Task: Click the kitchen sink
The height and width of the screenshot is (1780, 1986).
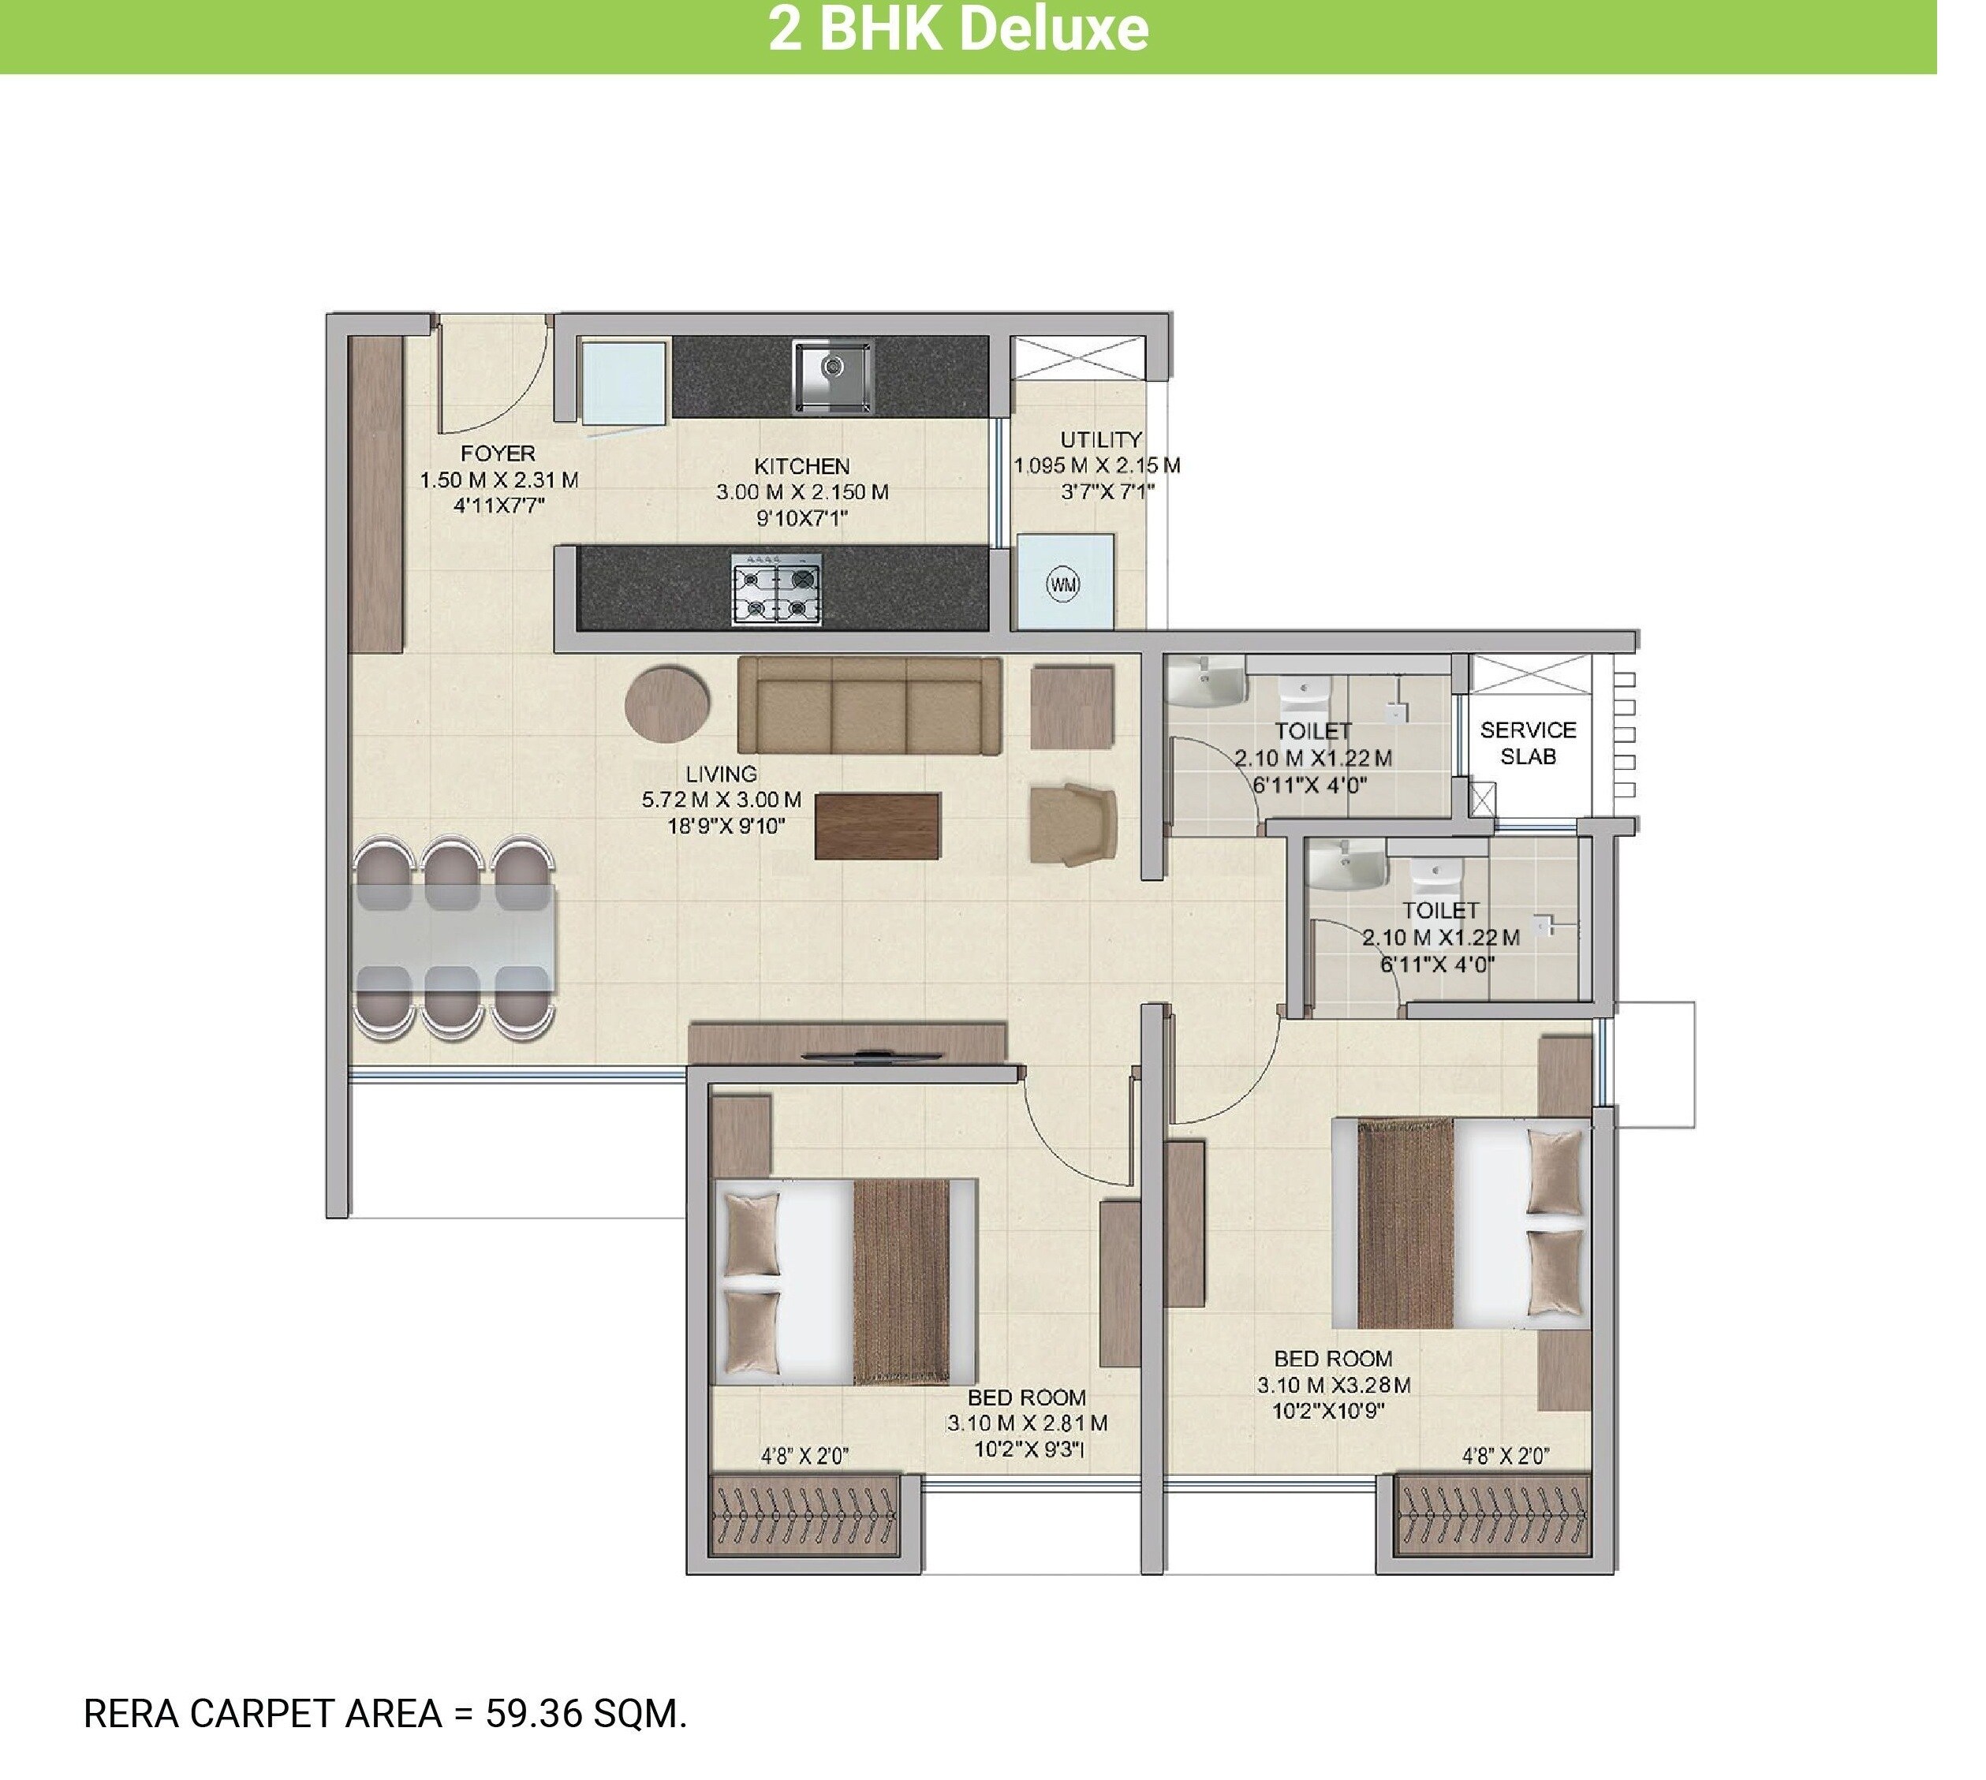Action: (832, 376)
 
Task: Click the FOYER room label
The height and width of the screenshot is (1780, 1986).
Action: (498, 453)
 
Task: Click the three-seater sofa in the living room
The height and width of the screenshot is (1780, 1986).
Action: (869, 705)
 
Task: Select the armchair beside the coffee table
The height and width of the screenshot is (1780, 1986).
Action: (1073, 823)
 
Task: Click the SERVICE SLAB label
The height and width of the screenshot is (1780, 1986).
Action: (1528, 743)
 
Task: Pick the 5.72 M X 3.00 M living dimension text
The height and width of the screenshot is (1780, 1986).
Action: (721, 800)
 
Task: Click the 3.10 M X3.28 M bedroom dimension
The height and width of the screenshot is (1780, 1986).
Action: (1334, 1385)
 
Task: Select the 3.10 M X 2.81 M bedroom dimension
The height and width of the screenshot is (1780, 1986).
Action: (1027, 1423)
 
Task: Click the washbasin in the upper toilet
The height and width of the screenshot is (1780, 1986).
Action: (1208, 681)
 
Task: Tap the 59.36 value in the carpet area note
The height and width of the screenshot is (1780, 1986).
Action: (534, 1715)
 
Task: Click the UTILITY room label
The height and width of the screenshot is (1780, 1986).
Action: (1101, 439)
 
